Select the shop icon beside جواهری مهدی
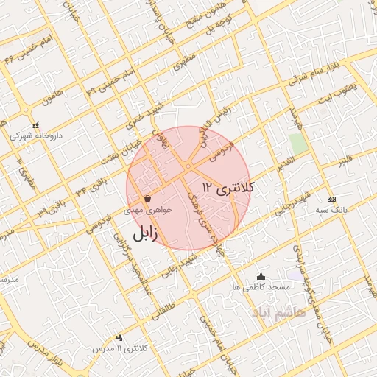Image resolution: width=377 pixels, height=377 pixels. tap(148, 198)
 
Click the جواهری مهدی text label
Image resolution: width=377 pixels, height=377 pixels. tap(152, 210)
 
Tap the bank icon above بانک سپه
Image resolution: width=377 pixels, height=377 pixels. tap(331, 199)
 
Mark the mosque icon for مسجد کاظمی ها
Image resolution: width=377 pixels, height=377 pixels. tap(261, 276)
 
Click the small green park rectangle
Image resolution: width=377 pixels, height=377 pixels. tap(297, 143)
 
